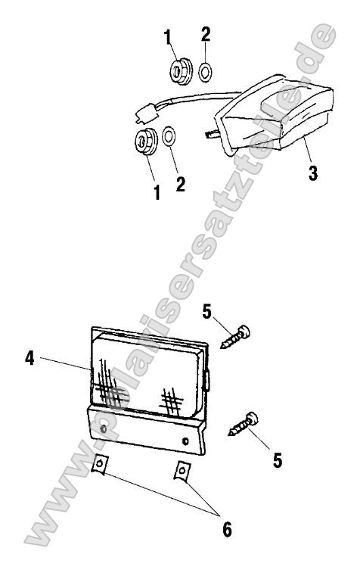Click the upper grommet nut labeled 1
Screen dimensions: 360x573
point(180,71)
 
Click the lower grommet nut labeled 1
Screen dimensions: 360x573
point(146,141)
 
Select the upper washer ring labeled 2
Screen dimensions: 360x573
point(206,73)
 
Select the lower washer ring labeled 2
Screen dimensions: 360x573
point(169,136)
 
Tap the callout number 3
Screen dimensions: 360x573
point(313,173)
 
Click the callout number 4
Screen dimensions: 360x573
point(29,358)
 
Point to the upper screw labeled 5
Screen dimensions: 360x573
point(235,337)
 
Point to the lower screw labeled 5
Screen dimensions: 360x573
point(244,424)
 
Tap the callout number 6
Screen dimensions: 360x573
point(227,529)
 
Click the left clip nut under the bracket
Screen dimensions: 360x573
point(99,464)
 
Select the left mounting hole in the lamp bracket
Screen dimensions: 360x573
point(104,428)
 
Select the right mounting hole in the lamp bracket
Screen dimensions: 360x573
point(185,441)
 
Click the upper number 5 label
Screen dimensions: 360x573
point(206,312)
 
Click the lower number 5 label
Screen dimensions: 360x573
point(278,460)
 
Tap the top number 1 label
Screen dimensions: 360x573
point(168,37)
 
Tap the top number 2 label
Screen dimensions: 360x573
point(206,34)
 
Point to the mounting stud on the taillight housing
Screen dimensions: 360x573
point(213,135)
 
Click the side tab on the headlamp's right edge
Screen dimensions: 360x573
point(207,381)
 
